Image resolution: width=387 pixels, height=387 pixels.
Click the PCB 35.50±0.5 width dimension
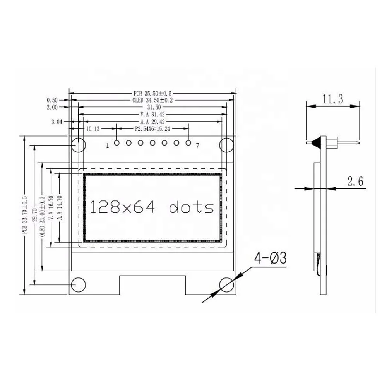click(x=152, y=93)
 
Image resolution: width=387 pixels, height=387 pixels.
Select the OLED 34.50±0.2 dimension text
click(x=152, y=100)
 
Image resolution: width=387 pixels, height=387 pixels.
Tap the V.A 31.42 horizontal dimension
click(x=152, y=114)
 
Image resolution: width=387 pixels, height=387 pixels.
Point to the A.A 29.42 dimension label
click(x=152, y=121)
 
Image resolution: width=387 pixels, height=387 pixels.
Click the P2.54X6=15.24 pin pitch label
click(x=152, y=128)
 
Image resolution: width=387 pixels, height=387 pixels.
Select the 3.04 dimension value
click(x=57, y=122)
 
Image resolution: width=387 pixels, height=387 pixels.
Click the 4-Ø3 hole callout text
click(x=270, y=258)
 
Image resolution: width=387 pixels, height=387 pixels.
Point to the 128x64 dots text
click(x=152, y=208)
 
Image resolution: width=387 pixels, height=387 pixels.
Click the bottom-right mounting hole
click(x=226, y=284)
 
